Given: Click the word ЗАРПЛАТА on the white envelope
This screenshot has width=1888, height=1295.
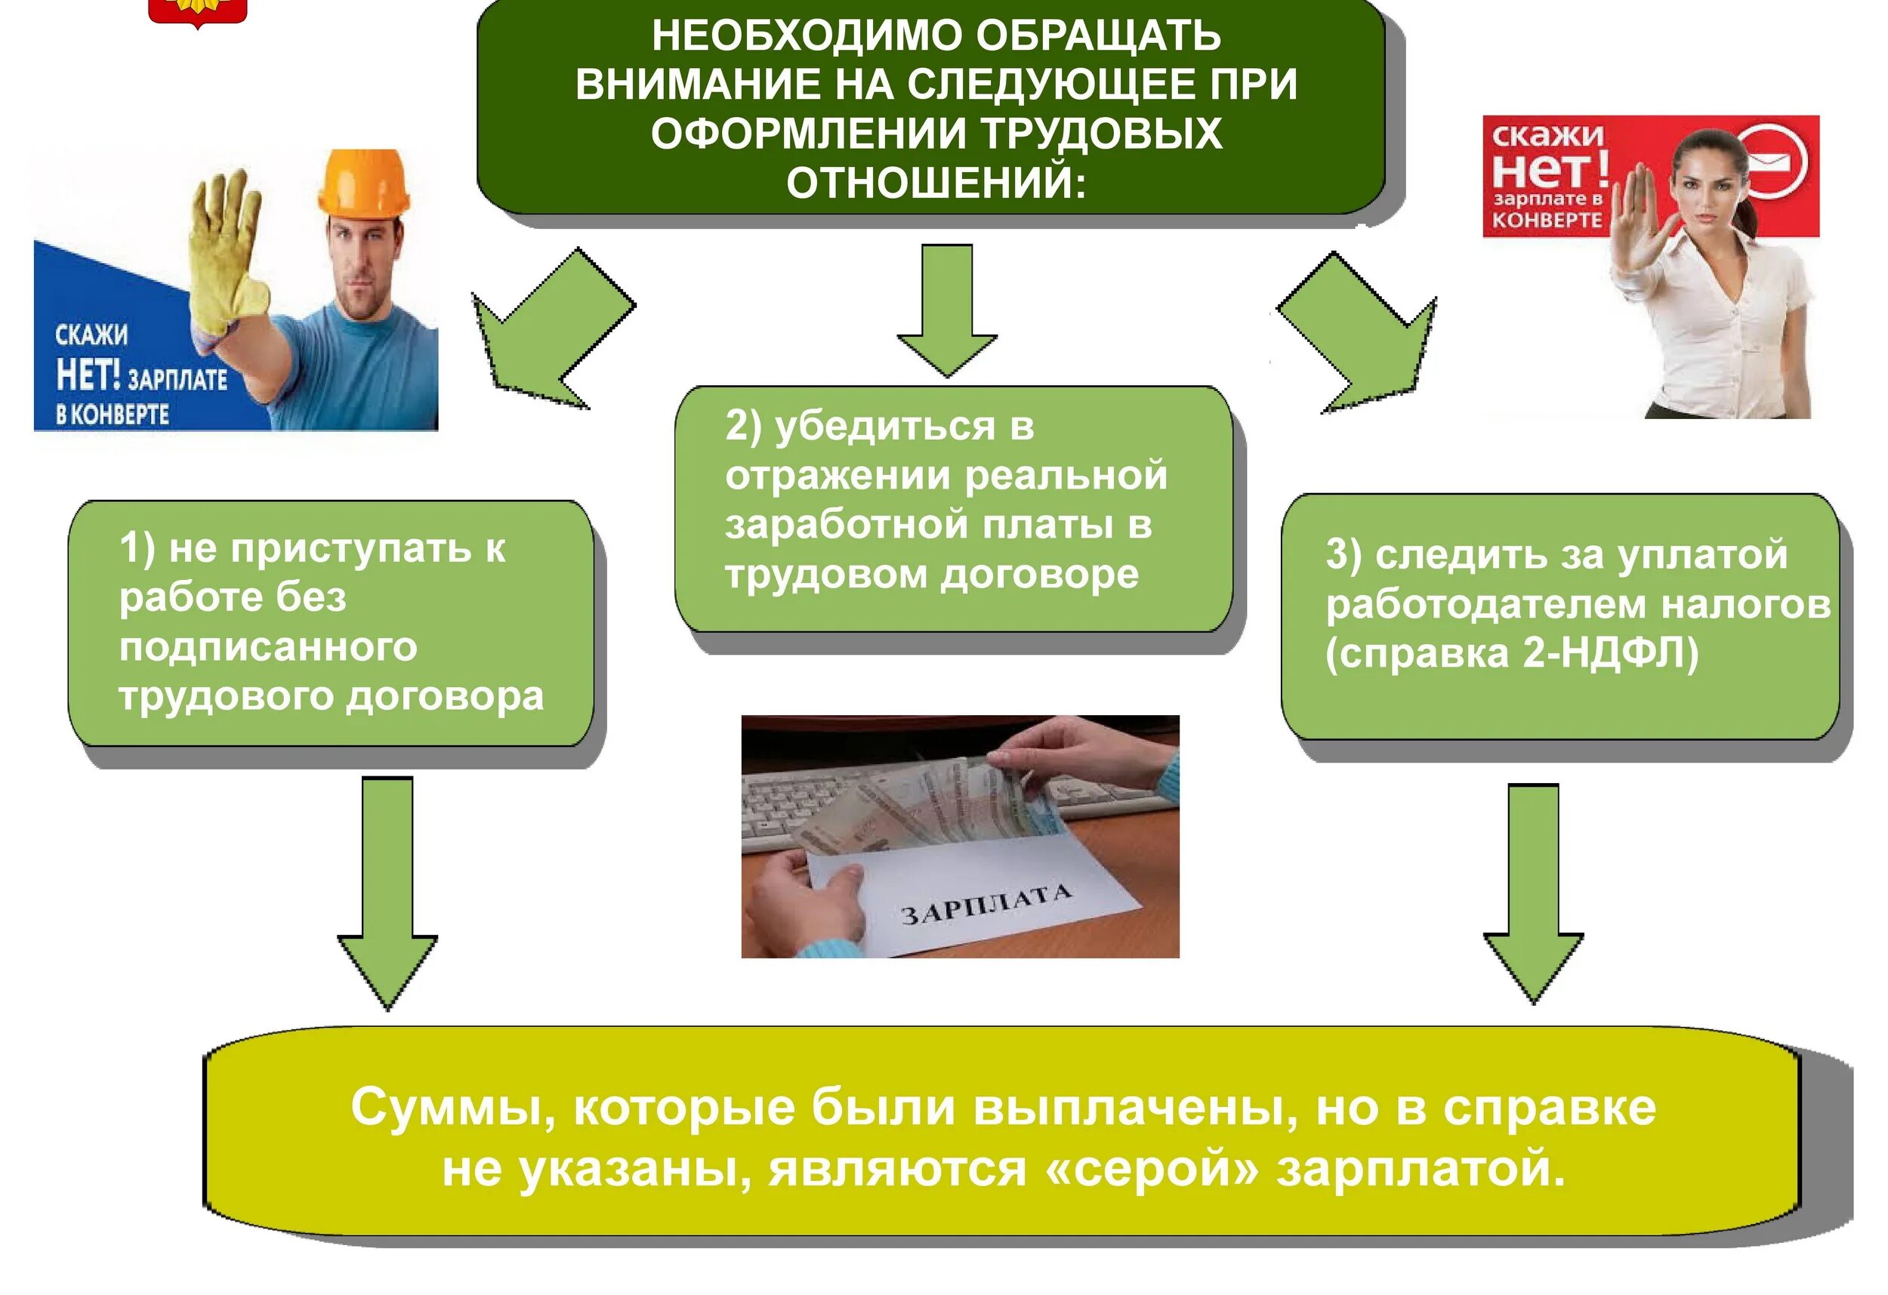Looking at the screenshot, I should coord(986,903).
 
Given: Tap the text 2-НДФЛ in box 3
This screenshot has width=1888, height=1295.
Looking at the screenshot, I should coord(1609,654).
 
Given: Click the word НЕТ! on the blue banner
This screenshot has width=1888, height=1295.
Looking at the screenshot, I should coord(88,375).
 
